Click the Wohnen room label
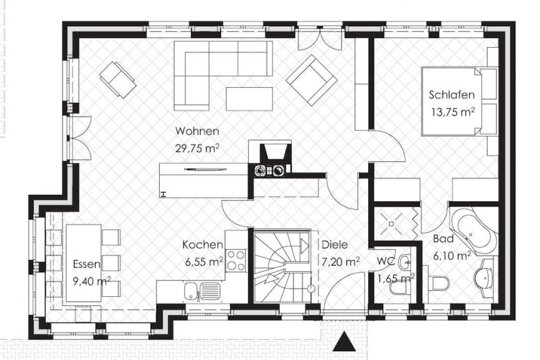tap(197, 131)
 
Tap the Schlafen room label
tap(451, 95)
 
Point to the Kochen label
tap(202, 245)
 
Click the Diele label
tap(334, 245)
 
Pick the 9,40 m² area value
tap(92, 281)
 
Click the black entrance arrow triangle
tap(344, 342)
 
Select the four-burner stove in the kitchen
tap(236, 261)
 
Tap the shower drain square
tap(391, 224)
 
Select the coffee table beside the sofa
tap(250, 99)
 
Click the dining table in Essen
tap(83, 263)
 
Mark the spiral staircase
tap(281, 267)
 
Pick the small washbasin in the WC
tap(404, 263)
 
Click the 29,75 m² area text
tap(197, 148)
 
